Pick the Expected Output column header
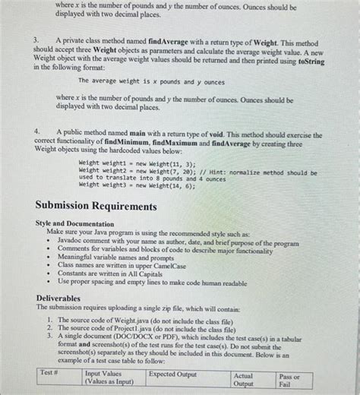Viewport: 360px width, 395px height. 172,374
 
